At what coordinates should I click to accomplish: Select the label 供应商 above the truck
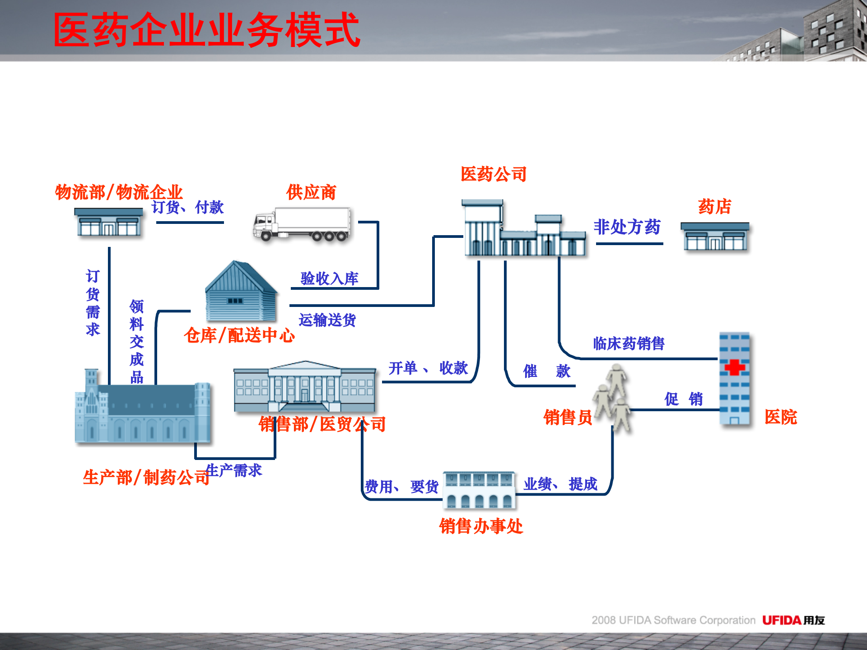pyautogui.click(x=311, y=193)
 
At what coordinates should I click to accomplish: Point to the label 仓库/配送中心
pyautogui.click(x=239, y=335)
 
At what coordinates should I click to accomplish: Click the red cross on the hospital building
pyautogui.click(x=734, y=367)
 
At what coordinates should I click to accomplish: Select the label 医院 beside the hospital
pyautogui.click(x=781, y=417)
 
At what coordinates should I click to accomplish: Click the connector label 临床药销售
pyautogui.click(x=629, y=344)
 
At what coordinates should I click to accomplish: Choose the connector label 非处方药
pyautogui.click(x=627, y=227)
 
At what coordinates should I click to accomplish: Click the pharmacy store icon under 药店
pyautogui.click(x=715, y=237)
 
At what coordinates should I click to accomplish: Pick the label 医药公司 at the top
pyautogui.click(x=494, y=174)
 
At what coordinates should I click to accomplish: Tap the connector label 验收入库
pyautogui.click(x=329, y=279)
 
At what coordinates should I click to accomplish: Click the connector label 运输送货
pyautogui.click(x=327, y=320)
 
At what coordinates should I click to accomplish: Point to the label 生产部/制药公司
pyautogui.click(x=146, y=477)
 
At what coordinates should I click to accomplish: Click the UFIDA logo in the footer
pyautogui.click(x=793, y=620)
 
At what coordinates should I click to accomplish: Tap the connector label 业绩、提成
pyautogui.click(x=560, y=484)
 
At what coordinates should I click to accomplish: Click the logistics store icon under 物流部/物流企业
pyautogui.click(x=108, y=222)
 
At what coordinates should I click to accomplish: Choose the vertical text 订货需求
pyautogui.click(x=93, y=302)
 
